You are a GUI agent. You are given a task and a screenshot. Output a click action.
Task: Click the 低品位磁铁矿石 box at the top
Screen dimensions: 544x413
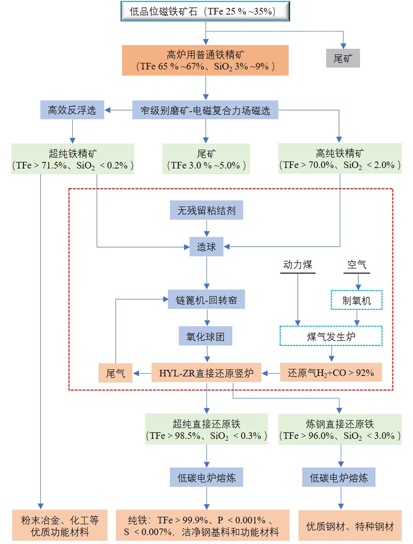coord(205,11)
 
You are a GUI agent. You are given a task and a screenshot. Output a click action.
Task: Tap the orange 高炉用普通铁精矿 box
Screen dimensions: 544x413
coord(205,59)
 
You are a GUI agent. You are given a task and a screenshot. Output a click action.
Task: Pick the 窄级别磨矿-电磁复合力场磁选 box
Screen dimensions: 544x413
coord(205,109)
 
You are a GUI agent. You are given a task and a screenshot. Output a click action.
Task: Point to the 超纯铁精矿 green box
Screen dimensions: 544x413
coord(72,158)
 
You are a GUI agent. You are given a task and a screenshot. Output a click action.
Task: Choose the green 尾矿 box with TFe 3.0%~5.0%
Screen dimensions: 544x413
coord(205,158)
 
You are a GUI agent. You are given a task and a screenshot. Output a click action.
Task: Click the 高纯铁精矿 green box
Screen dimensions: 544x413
coord(340,158)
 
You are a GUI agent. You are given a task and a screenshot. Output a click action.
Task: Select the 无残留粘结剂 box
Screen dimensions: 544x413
coord(205,211)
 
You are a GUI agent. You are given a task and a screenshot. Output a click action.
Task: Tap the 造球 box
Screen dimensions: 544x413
coord(206,247)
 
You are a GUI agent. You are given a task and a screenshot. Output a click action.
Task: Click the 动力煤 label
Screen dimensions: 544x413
coord(298,265)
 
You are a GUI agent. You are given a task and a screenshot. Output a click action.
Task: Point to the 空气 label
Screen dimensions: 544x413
coord(356,265)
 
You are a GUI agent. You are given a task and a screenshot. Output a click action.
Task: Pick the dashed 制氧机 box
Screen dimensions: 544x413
coord(356,299)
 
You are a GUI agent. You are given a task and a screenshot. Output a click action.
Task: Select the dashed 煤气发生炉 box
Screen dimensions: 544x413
coord(331,335)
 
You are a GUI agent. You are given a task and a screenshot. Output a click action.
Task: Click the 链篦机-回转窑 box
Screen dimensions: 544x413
coord(206,299)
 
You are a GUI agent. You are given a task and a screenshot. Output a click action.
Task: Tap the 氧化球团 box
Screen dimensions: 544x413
coord(205,335)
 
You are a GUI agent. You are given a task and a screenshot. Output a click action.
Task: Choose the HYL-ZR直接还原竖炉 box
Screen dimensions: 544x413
coord(205,372)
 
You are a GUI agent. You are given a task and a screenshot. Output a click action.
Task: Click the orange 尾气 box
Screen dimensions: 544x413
coord(115,372)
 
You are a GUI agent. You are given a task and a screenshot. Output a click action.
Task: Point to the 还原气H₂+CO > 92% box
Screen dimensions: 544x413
coord(331,372)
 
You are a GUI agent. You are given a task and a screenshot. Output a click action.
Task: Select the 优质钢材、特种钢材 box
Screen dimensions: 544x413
coord(350,526)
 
